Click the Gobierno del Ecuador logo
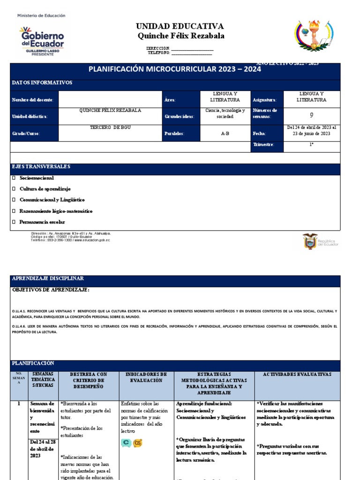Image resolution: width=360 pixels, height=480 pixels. (41, 40)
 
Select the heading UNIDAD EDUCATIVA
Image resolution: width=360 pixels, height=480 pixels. (180, 26)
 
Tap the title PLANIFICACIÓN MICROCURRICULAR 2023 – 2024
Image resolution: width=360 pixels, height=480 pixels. (175, 69)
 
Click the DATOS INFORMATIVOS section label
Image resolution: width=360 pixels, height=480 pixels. (42, 82)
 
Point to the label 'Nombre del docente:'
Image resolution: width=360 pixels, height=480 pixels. (33, 100)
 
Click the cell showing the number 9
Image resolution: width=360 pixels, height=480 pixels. (312, 115)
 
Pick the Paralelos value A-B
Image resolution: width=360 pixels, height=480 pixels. (225, 134)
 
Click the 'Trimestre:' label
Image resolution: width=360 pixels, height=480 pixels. (263, 145)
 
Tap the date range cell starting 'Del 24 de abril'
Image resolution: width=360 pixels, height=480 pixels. (312, 130)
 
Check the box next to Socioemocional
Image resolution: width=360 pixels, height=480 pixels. (14, 178)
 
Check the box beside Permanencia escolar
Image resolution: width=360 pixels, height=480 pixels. (14, 222)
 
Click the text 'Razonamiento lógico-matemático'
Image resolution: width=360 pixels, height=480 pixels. (56, 211)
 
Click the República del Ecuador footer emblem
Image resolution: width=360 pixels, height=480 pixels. (321, 241)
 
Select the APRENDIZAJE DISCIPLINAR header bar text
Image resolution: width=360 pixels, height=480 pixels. (47, 278)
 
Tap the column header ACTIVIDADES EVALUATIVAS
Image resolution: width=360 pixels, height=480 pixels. (297, 375)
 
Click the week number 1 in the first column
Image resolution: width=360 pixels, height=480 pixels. (19, 404)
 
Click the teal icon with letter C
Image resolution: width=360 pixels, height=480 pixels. (126, 442)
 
